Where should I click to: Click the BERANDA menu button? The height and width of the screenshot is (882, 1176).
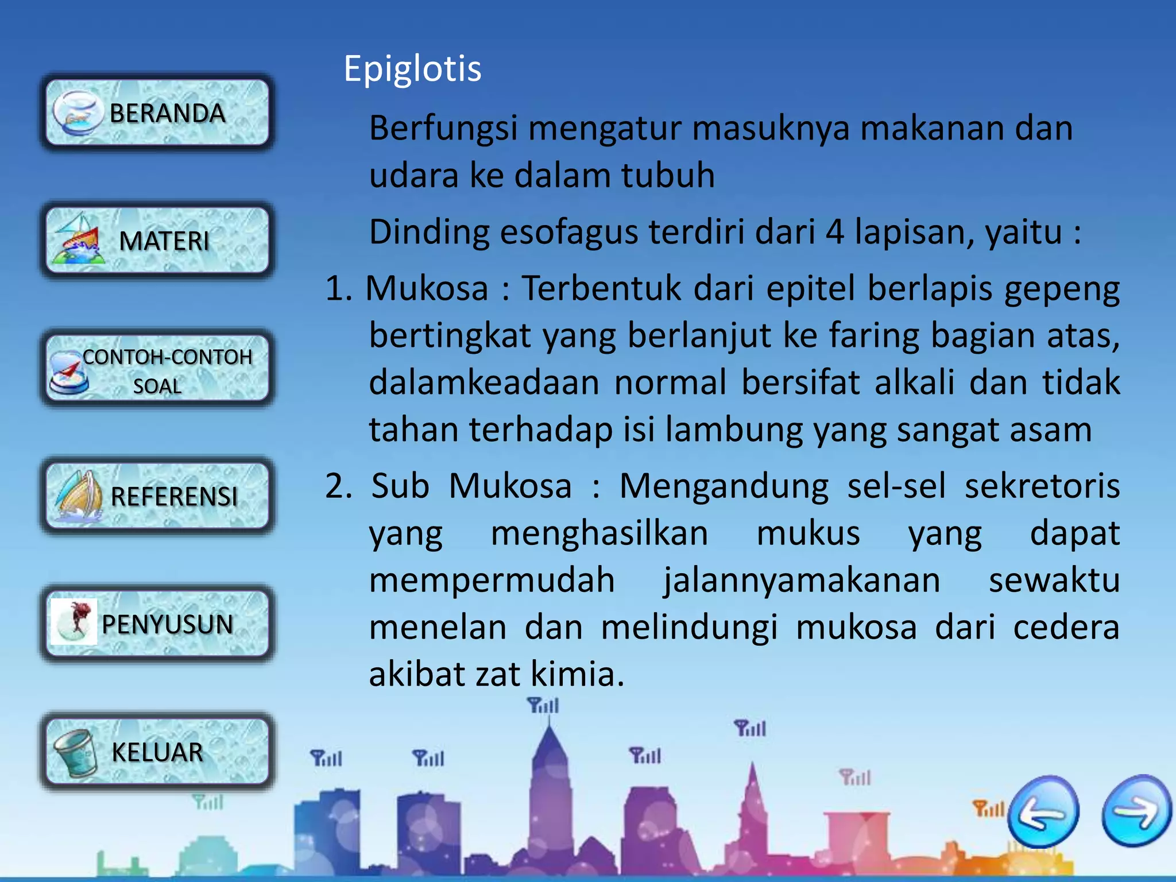(x=157, y=113)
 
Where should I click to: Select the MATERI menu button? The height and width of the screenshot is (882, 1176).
(x=157, y=241)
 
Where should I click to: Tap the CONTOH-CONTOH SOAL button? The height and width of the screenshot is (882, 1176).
(x=157, y=369)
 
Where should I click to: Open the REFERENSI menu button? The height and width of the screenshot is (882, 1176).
(x=157, y=496)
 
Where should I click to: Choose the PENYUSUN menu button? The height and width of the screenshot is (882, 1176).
(x=157, y=624)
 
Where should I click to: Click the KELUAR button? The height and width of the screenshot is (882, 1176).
(x=157, y=752)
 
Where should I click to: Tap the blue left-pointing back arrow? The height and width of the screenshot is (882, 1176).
(x=1043, y=811)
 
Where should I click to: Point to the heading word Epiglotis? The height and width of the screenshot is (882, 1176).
(x=412, y=69)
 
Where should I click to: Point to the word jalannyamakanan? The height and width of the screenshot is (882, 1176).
(x=802, y=580)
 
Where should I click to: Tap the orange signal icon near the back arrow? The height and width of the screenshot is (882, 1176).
(x=988, y=808)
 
